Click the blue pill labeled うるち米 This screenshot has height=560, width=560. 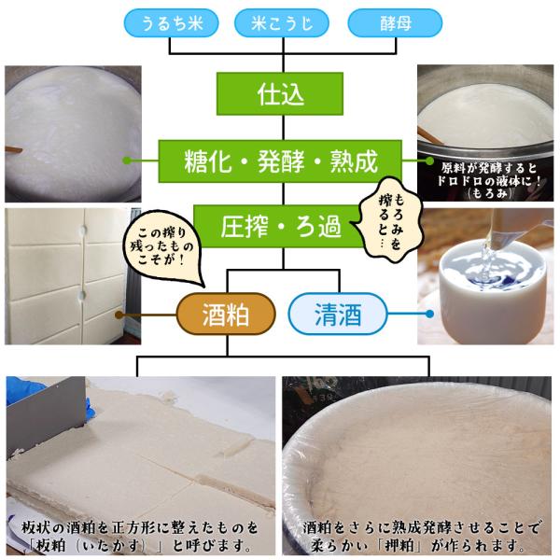click(171, 23)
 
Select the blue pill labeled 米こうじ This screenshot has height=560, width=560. click(282, 23)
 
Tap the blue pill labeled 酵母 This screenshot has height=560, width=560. click(395, 23)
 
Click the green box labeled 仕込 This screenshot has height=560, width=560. click(280, 94)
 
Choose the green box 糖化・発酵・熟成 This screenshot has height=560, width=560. click(280, 161)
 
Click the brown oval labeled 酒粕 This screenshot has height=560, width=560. click(226, 314)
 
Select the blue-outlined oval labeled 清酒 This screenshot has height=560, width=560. click(338, 314)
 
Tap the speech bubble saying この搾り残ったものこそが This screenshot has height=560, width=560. click(162, 246)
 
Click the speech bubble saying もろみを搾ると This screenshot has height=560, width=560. click(390, 220)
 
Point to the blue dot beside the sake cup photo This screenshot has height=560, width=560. click(430, 314)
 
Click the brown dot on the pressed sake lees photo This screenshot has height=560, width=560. click(119, 315)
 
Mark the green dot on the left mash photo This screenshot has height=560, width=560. click(127, 161)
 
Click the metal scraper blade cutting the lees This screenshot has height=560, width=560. click(47, 414)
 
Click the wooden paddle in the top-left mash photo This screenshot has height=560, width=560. click(13, 151)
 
